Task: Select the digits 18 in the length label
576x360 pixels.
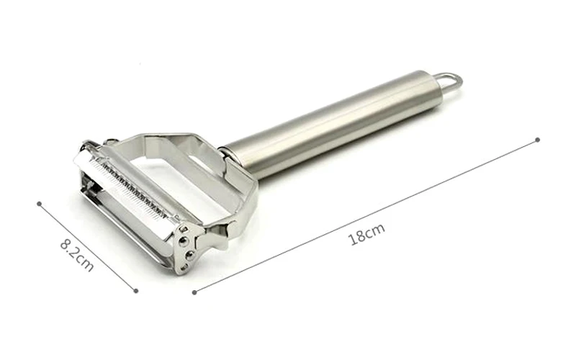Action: tap(358, 237)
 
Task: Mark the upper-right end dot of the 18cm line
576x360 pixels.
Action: tap(537, 139)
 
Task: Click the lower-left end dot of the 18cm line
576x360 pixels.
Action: tap(194, 291)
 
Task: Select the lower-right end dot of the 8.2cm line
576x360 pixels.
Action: tap(136, 290)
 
